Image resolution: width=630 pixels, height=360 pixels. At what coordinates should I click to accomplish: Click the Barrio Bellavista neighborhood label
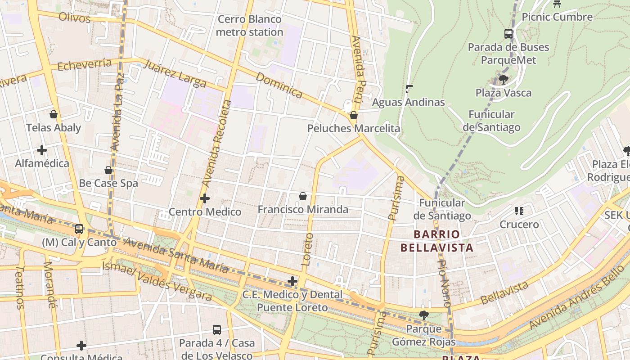[436, 241]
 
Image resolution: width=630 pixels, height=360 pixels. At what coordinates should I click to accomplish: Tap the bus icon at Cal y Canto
[79, 229]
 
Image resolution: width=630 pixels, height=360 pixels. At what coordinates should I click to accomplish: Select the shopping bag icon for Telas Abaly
[54, 114]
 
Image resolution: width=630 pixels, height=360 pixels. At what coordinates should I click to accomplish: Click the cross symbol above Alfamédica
[42, 150]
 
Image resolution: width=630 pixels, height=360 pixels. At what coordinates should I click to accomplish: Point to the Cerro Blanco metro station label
[249, 26]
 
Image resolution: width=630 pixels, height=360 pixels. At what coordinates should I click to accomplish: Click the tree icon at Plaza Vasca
[504, 80]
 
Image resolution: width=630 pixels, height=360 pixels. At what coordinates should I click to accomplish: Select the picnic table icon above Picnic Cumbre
[557, 4]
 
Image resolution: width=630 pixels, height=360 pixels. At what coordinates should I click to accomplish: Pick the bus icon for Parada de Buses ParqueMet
[508, 34]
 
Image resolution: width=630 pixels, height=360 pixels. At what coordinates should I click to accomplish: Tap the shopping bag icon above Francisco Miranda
[303, 196]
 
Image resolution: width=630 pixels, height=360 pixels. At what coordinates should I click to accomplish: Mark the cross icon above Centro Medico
[205, 198]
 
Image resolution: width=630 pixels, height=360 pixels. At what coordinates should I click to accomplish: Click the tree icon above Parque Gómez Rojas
[423, 315]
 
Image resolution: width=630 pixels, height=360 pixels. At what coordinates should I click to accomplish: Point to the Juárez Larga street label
[175, 73]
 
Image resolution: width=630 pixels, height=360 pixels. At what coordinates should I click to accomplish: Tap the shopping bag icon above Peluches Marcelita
[354, 115]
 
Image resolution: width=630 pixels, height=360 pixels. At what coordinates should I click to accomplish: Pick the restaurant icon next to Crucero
[519, 211]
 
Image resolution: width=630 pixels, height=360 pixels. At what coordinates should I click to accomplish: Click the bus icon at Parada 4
[217, 329]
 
